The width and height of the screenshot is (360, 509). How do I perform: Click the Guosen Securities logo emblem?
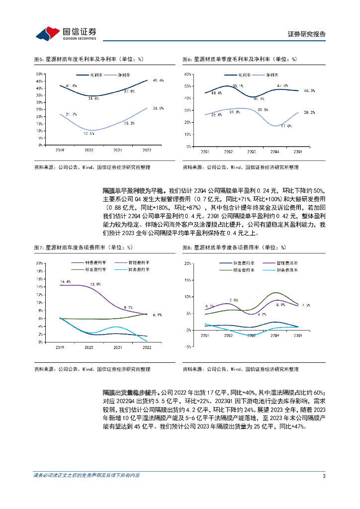click(48, 33)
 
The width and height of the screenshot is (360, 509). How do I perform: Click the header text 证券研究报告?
click(307, 34)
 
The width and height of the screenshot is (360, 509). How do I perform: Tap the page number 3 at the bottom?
click(324, 476)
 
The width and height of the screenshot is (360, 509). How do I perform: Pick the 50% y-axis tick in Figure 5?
click(39, 74)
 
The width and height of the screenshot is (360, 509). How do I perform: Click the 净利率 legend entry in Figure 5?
click(123, 75)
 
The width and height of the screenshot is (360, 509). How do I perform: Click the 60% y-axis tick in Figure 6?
click(188, 74)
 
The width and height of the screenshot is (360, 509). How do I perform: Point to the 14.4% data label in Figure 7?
click(65, 282)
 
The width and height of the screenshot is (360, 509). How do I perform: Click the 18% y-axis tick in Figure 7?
click(39, 270)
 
